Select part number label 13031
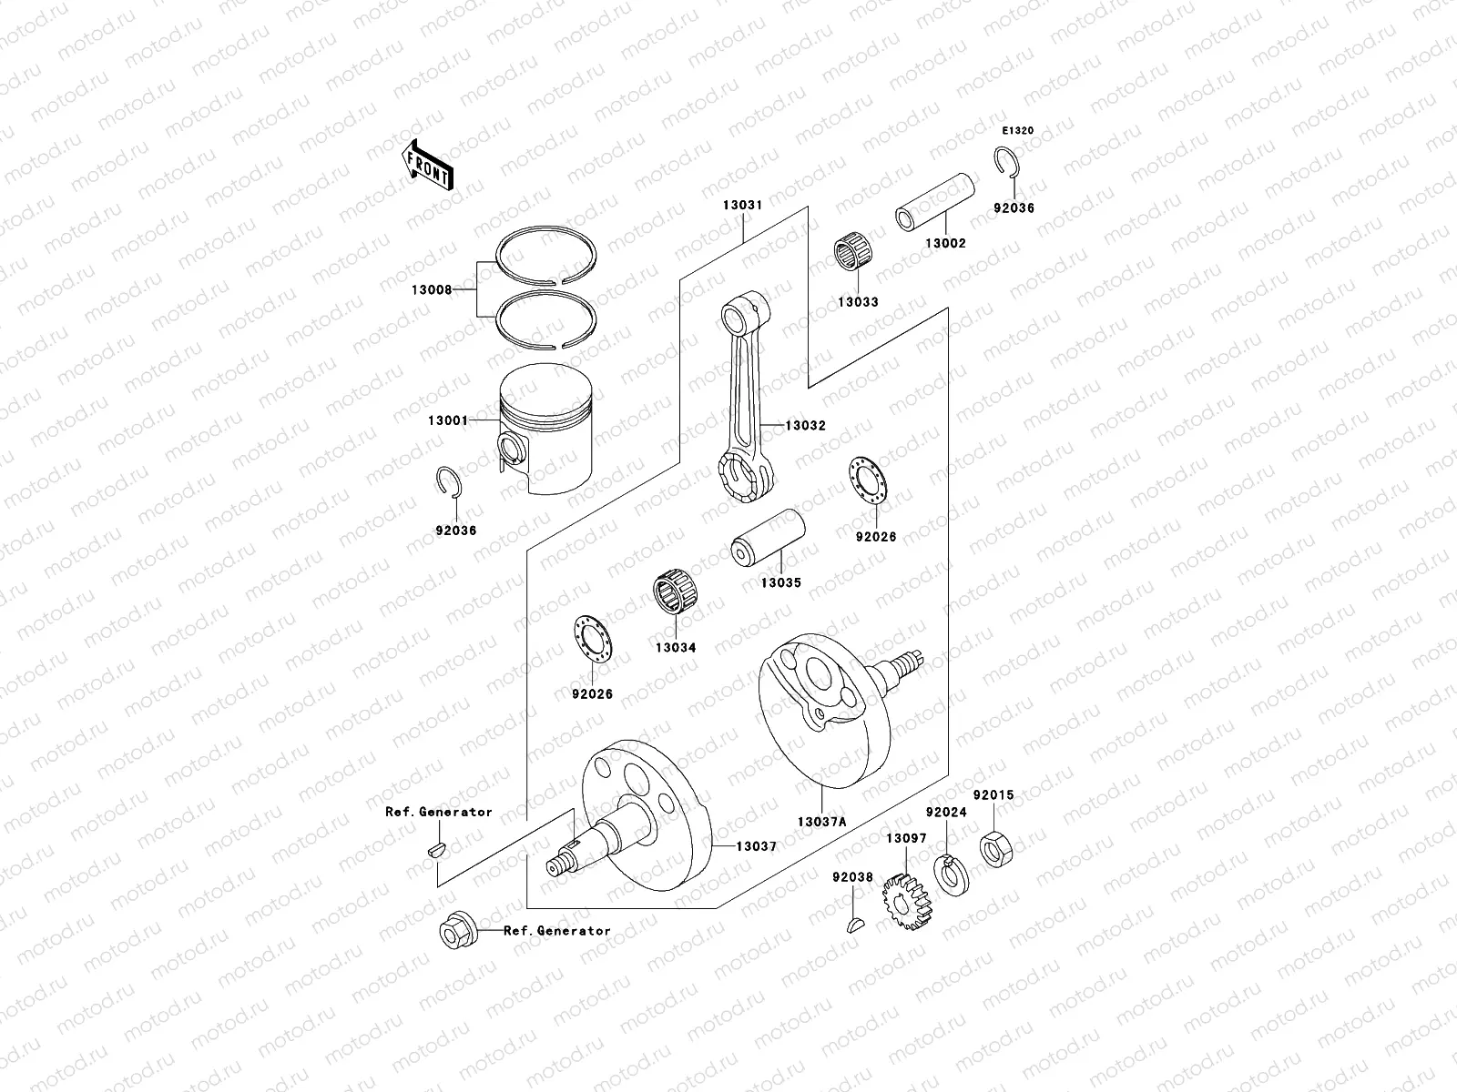click(742, 206)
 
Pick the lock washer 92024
click(951, 873)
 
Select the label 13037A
click(821, 822)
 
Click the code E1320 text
click(1018, 130)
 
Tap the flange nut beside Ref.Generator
click(453, 932)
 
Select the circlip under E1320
click(1005, 160)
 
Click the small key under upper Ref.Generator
click(436, 850)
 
